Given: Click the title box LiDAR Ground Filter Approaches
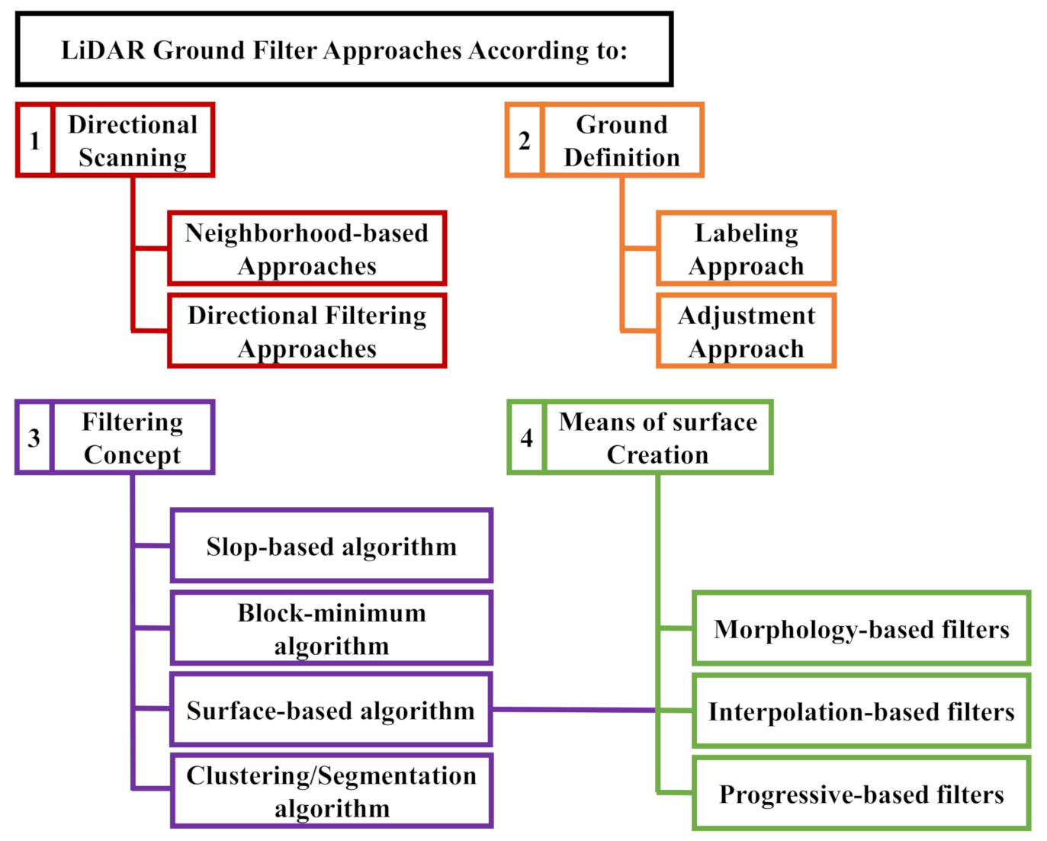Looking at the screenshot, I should coord(344,50).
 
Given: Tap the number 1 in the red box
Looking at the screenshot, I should coord(34,141).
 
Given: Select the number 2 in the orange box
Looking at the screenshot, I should coord(524,141).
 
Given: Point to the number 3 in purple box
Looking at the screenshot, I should coord(34,438).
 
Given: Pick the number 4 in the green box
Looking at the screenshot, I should coord(526,438).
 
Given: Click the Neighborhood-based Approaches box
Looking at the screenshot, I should coord(307,249).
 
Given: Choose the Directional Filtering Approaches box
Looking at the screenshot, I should coord(307,331).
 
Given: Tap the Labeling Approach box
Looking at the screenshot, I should coord(746,249).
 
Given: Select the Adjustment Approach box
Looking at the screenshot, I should coord(746,331).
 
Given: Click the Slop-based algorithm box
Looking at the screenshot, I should coord(331,546).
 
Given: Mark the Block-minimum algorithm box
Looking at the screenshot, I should coord(331,628).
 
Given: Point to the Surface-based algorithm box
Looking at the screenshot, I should coord(331,710).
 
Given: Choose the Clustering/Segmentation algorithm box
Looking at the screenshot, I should coord(331,791).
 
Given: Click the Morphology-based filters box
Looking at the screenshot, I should coord(861,628).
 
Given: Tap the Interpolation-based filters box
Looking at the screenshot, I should coord(861,711).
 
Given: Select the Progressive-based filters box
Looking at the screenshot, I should coord(861,794).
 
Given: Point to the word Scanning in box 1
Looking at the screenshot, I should coord(133,158).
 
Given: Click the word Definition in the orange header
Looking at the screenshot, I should coord(621,158).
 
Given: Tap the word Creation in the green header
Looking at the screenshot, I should coord(657,455).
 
